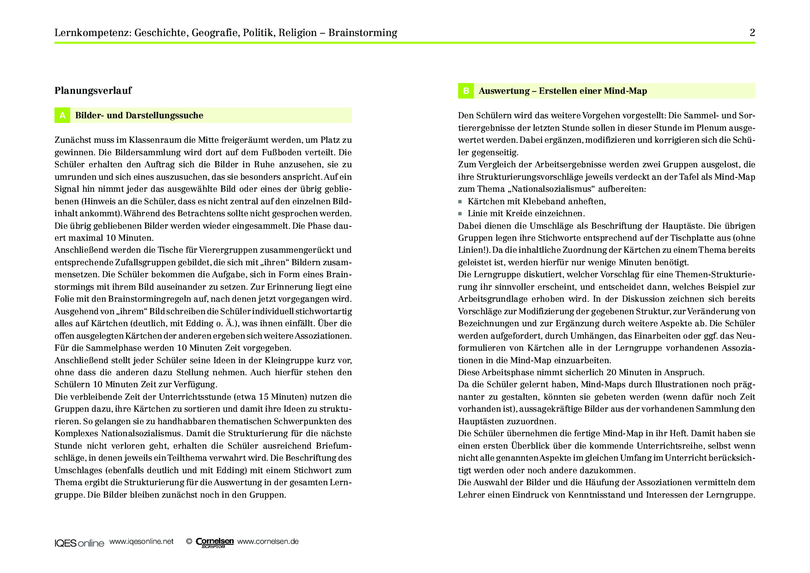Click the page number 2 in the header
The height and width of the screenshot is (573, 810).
click(x=752, y=32)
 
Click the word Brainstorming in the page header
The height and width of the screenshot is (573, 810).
click(x=363, y=33)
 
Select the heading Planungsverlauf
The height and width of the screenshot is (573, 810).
click(x=93, y=91)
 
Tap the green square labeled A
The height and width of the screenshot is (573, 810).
click(x=62, y=116)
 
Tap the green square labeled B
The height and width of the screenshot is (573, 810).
click(x=466, y=91)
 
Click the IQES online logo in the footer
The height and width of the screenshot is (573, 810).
click(x=79, y=543)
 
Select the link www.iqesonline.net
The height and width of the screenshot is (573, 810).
click(x=141, y=542)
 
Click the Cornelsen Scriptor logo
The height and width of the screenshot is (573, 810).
click(x=215, y=543)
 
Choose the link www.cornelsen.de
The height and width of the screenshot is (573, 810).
click(x=268, y=542)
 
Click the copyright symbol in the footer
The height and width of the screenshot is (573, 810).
click(x=189, y=542)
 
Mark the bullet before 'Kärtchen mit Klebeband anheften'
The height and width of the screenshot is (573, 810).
click(x=460, y=201)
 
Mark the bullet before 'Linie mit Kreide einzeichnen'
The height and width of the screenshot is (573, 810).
click(x=460, y=213)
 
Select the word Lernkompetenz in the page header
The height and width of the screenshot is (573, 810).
click(x=93, y=33)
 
